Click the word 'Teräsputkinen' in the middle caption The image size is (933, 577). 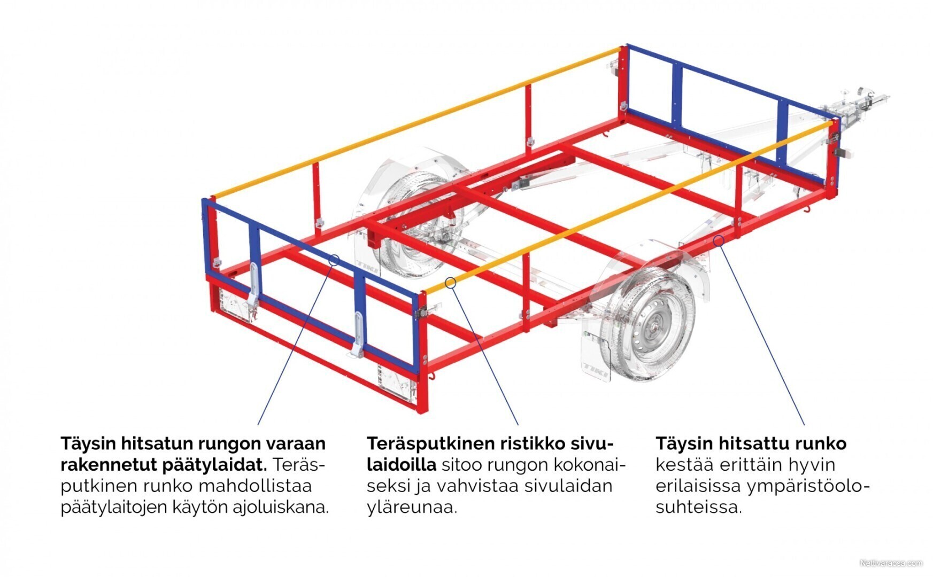(430, 443)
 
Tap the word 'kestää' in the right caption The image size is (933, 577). (684, 465)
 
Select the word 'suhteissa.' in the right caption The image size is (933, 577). (699, 507)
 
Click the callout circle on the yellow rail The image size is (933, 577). (450, 282)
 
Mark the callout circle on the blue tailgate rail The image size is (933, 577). (334, 260)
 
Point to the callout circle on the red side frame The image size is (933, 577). (719, 240)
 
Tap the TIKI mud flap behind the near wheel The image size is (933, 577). (596, 355)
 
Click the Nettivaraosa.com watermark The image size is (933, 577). (891, 563)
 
